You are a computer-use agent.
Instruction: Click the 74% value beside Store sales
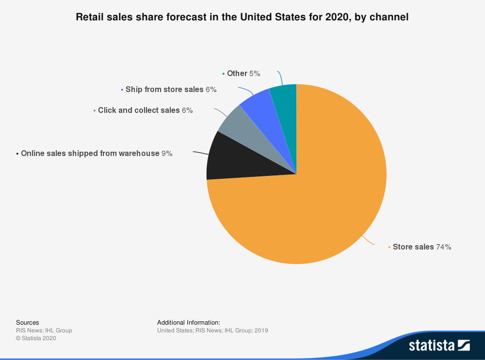[x=444, y=247]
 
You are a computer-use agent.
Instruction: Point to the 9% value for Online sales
[x=167, y=153]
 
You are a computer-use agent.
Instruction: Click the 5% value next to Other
[x=255, y=73]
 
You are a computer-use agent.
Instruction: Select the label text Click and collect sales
[x=139, y=110]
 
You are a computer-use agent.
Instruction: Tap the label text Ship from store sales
[x=164, y=89]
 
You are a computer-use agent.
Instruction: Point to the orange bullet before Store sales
[x=389, y=247]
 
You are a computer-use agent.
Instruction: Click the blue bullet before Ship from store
[x=122, y=90]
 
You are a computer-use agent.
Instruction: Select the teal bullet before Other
[x=223, y=74]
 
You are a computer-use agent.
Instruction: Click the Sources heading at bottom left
[x=28, y=322]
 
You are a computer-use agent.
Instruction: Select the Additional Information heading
[x=189, y=322]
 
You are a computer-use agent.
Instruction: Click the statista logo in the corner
[x=439, y=345]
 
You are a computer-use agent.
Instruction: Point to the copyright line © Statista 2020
[x=36, y=338]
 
